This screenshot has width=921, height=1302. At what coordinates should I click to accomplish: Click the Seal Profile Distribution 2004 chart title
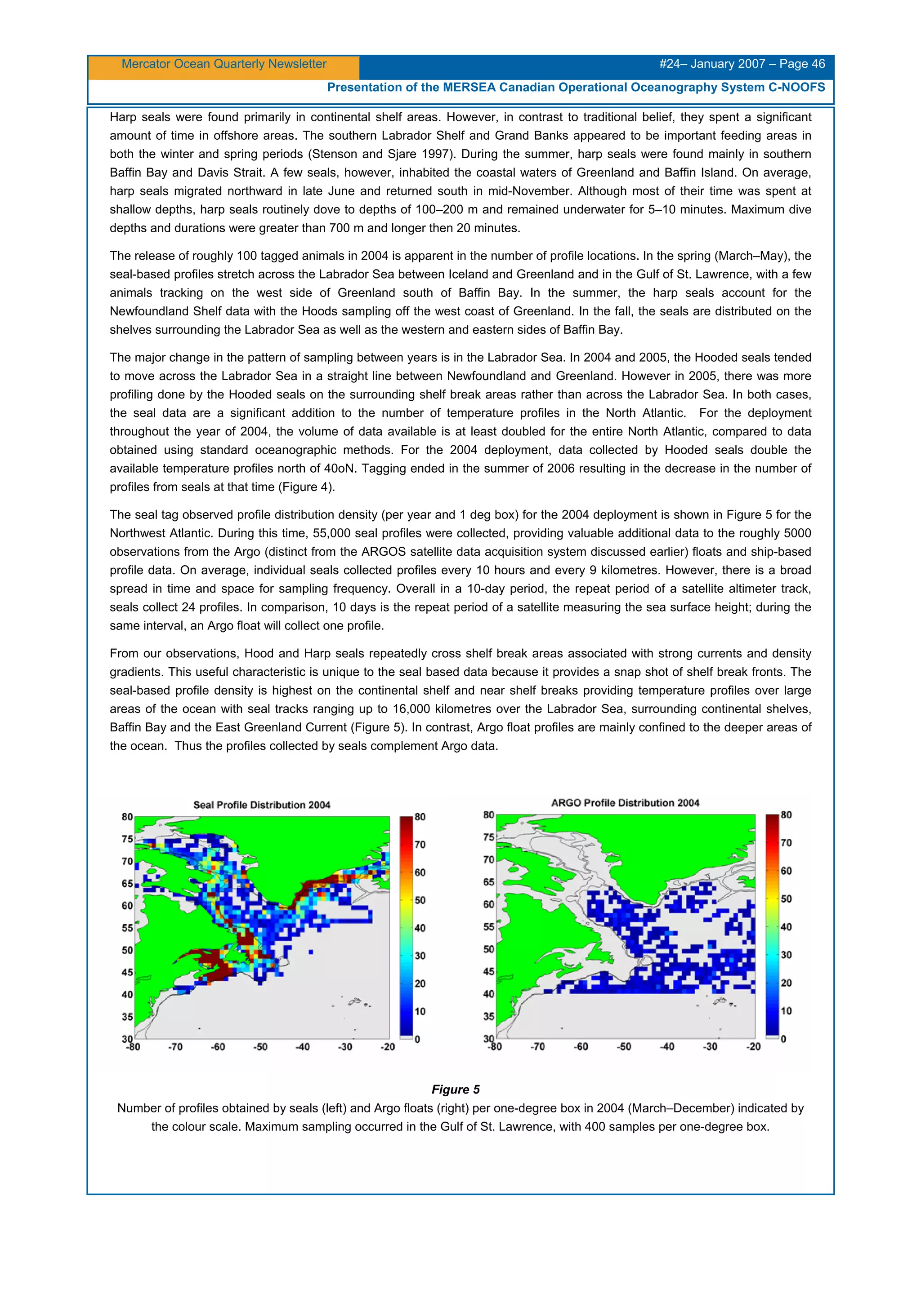pos(262,805)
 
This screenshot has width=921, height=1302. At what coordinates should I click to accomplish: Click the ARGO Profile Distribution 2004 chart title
pos(625,802)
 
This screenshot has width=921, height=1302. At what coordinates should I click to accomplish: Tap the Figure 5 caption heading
pos(456,1089)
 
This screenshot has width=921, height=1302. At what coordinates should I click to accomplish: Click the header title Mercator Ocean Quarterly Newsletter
pos(224,64)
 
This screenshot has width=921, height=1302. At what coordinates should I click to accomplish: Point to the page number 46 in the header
pos(818,64)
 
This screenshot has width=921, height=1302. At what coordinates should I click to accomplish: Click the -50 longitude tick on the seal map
pos(260,1047)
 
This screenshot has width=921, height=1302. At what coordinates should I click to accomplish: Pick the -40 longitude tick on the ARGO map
pos(667,1047)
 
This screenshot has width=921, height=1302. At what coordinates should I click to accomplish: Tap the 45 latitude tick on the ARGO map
pos(488,971)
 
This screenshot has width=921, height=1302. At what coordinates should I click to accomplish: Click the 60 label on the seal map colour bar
pos(420,872)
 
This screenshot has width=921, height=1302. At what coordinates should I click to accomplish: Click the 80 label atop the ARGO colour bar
pos(786,815)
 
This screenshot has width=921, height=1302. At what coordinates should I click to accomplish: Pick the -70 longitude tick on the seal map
pos(175,1047)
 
